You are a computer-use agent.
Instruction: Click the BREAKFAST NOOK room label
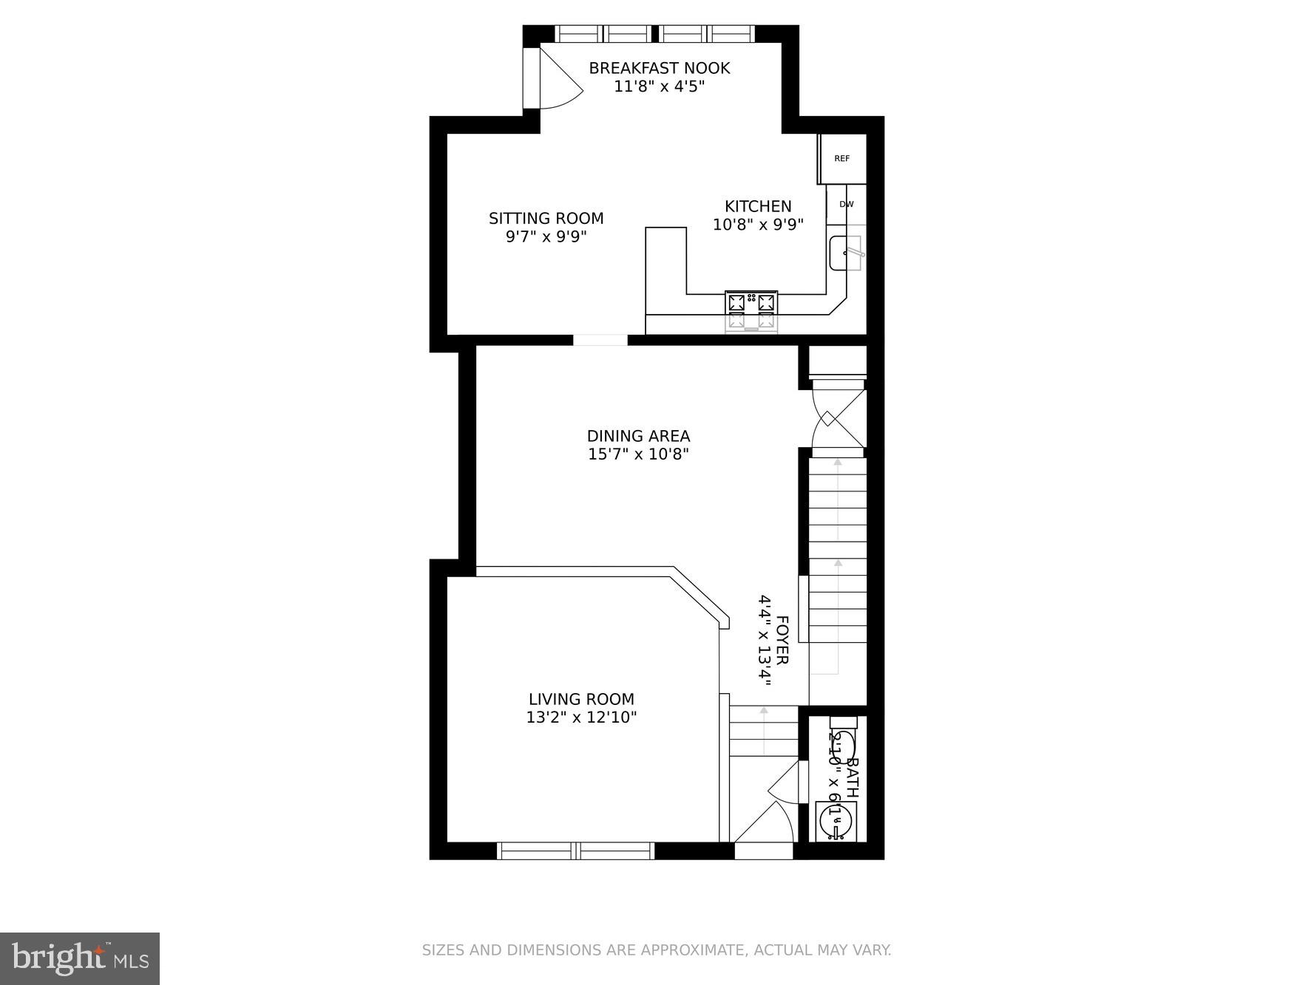659,68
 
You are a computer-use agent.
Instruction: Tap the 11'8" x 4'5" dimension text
659,86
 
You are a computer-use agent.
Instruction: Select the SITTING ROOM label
546,218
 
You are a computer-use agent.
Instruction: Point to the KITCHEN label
757,206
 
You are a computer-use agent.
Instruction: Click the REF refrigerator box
841,158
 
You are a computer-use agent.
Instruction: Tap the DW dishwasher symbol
846,204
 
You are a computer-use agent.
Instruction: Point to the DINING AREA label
638,436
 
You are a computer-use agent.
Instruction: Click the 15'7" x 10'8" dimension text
638,454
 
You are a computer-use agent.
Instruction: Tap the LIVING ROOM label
581,699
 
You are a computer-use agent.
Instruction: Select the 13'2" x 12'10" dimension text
581,718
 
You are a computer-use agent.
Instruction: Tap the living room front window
575,851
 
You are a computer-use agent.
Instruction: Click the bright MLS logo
80,958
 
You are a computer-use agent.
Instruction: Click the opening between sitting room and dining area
600,340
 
